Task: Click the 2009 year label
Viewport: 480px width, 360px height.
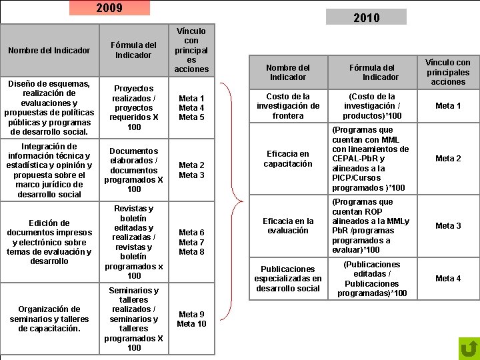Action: click(x=109, y=8)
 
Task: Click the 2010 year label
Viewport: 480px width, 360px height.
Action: click(x=366, y=17)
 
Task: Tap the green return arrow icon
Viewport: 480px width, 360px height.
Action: click(x=469, y=349)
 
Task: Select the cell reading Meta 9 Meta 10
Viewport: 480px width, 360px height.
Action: click(x=191, y=319)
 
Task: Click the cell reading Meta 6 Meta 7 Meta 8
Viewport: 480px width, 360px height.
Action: click(x=191, y=242)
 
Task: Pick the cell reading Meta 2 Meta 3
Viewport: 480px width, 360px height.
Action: click(x=191, y=170)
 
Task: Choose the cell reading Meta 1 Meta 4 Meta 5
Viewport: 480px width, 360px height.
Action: click(x=191, y=107)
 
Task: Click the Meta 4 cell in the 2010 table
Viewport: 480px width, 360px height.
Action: click(x=448, y=279)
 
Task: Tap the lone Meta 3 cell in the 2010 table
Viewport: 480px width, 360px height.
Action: click(x=448, y=226)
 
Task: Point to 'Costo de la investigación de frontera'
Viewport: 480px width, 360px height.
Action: click(x=288, y=106)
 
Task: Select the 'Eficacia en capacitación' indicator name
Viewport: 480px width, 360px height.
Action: click(x=288, y=159)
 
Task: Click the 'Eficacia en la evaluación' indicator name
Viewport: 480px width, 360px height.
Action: click(x=288, y=226)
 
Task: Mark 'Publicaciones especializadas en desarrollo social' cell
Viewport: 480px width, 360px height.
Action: click(x=288, y=279)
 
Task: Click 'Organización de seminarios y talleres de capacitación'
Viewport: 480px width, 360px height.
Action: click(x=49, y=319)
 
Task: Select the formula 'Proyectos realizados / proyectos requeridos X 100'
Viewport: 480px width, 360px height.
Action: click(x=133, y=107)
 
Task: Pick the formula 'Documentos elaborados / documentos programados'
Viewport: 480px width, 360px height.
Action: click(x=133, y=170)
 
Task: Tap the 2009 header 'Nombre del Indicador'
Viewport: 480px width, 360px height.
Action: click(x=49, y=50)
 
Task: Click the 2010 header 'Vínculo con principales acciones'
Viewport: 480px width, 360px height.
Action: click(x=448, y=72)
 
